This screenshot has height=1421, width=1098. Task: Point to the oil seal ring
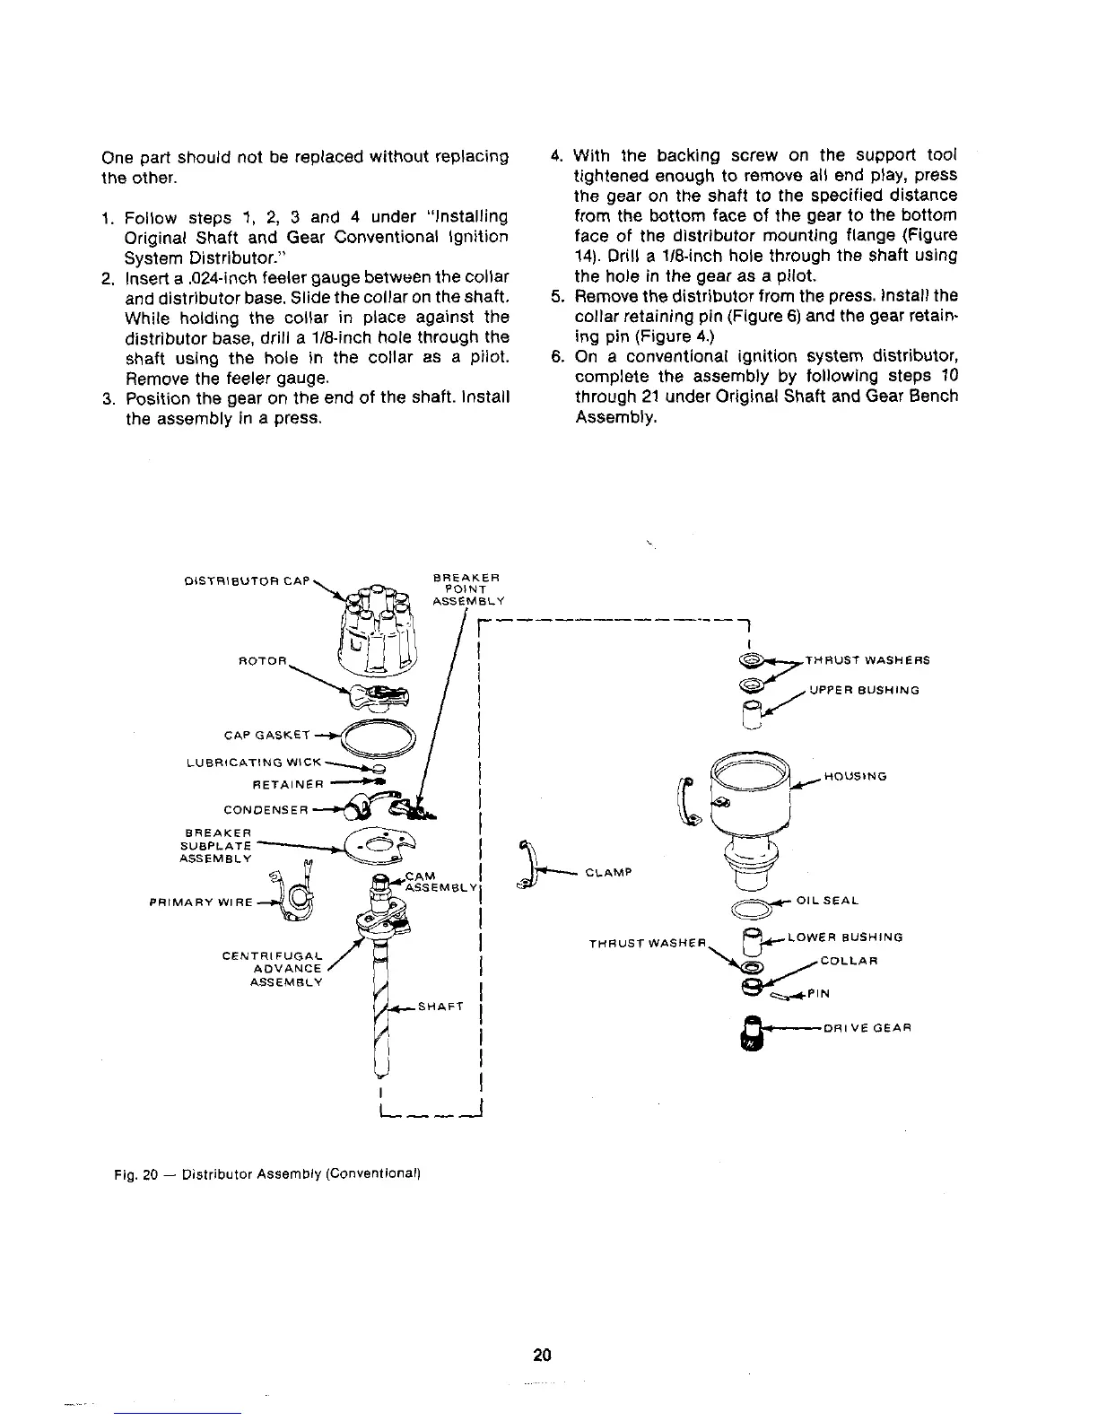click(753, 909)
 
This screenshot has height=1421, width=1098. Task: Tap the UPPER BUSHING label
click(865, 691)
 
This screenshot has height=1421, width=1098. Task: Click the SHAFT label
click(440, 1007)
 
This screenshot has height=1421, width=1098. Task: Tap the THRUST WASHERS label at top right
click(867, 660)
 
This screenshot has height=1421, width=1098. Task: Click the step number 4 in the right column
click(555, 154)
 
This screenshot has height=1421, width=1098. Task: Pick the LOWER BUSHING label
click(844, 937)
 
